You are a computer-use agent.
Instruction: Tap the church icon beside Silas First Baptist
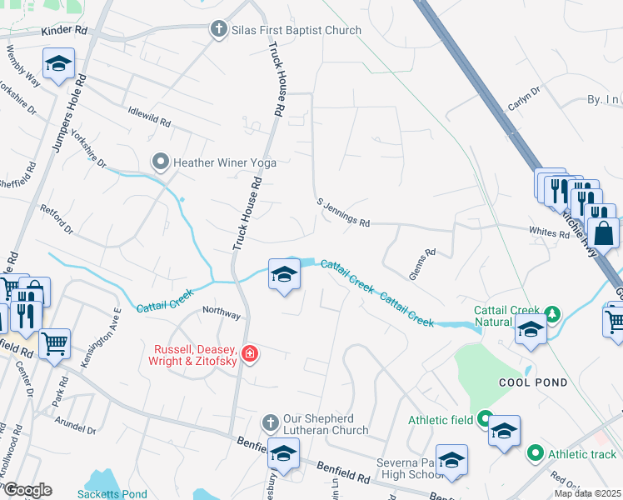click(219, 30)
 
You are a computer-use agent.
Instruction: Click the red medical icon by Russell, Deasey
click(249, 356)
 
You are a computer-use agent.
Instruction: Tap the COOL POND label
click(533, 382)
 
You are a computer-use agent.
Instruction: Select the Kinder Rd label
click(64, 31)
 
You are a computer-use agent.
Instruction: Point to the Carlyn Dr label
click(525, 100)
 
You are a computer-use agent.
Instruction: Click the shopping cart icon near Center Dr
click(54, 342)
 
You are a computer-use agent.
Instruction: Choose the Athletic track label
click(583, 454)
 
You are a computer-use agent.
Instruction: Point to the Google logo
click(27, 490)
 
